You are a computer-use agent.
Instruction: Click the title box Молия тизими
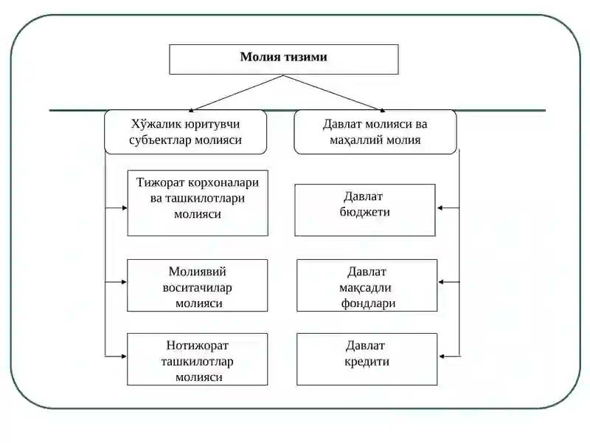(284, 59)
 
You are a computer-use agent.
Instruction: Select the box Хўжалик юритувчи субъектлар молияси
(186, 132)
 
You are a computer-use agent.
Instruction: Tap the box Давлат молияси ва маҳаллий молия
(375, 132)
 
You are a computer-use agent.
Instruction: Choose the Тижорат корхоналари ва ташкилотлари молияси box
(198, 203)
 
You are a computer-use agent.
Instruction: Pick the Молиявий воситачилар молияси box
(198, 285)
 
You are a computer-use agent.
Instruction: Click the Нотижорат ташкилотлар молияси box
(198, 359)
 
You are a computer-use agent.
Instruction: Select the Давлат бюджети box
(365, 210)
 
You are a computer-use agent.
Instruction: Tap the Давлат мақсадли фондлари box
(367, 285)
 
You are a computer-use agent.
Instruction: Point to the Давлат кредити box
(367, 359)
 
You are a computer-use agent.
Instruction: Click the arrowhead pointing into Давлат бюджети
(440, 208)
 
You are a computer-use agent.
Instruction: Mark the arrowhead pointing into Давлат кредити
(442, 357)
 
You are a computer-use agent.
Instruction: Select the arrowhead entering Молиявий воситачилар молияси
(124, 282)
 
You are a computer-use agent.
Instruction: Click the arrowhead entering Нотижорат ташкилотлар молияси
(124, 357)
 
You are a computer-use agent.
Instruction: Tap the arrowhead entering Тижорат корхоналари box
(125, 207)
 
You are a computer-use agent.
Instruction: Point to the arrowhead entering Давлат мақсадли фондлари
(441, 282)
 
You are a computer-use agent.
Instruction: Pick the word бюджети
(364, 212)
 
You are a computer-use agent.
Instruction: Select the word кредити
(367, 361)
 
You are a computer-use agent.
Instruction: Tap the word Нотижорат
(198, 346)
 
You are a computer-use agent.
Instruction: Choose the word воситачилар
(197, 288)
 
